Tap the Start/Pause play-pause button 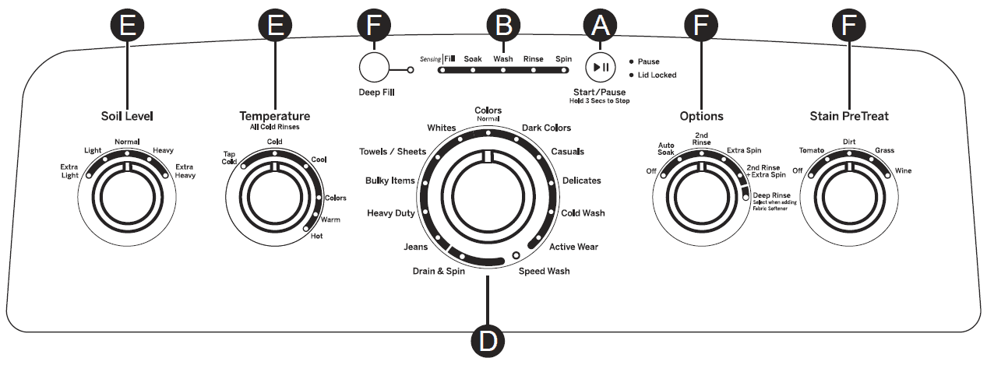click(x=601, y=67)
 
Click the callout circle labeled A click(x=600, y=25)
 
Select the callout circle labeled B click(x=502, y=25)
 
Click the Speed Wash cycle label click(x=545, y=271)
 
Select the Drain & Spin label click(x=439, y=271)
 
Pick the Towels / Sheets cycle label click(x=393, y=151)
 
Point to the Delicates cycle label click(x=581, y=181)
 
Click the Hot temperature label click(x=316, y=236)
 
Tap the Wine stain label click(x=903, y=170)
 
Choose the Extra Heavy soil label click(x=185, y=171)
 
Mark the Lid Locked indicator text click(x=657, y=75)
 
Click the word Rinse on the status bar click(x=534, y=58)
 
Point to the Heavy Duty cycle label click(x=390, y=213)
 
